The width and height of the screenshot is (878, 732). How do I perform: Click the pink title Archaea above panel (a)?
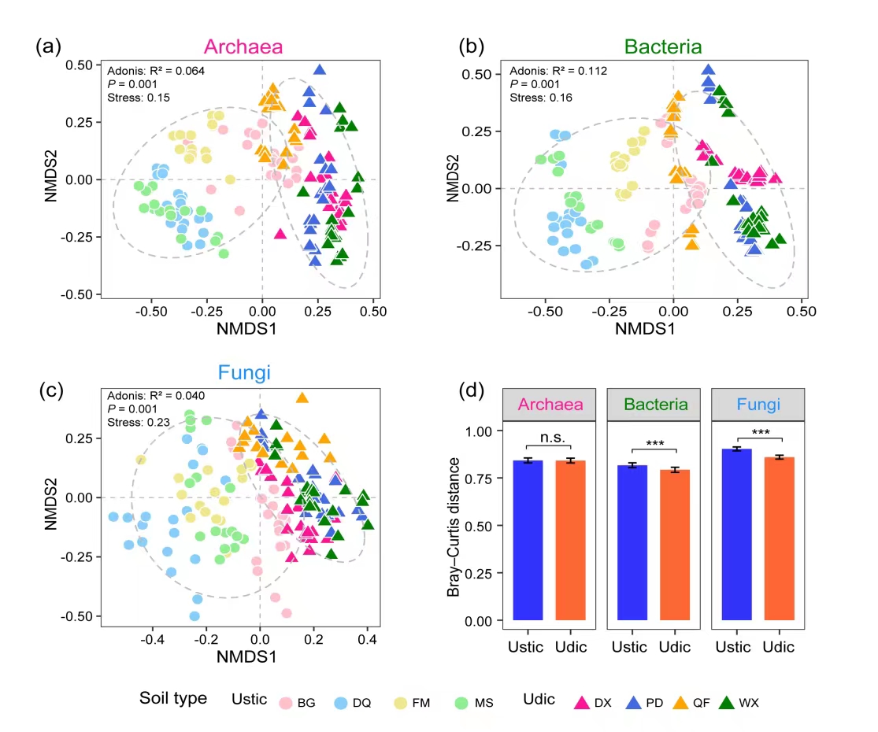click(x=243, y=47)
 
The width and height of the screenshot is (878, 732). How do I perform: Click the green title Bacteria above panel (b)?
click(x=662, y=47)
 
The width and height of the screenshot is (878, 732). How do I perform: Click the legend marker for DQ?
click(x=341, y=702)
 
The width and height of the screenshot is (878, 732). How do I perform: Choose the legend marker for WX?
click(x=727, y=702)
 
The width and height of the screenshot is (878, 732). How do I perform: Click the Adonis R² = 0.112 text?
click(x=558, y=71)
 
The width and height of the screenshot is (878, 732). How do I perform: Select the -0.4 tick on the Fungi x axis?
click(x=152, y=639)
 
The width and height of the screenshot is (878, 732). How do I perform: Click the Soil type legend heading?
click(x=173, y=698)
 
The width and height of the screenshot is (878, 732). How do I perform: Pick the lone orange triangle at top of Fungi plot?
click(x=302, y=397)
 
